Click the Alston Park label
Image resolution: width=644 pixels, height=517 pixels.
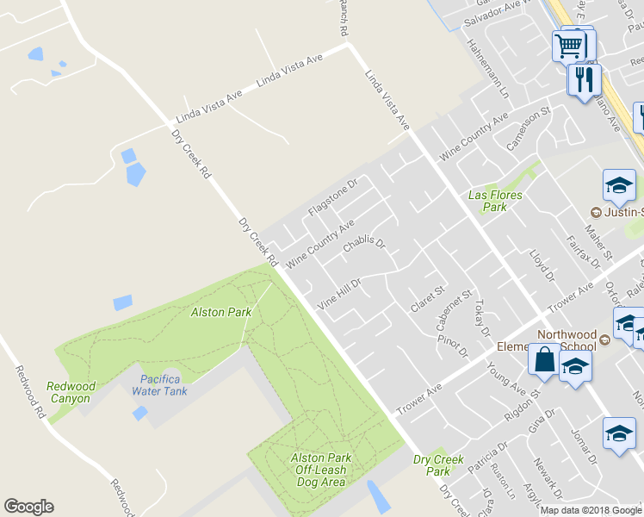point(222,312)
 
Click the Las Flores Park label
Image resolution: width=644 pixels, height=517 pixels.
point(495,201)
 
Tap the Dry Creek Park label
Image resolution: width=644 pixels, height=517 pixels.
point(438,465)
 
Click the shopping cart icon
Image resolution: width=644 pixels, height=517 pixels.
point(568,47)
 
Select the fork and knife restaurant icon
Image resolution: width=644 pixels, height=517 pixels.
point(585,80)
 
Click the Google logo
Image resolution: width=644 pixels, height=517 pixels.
point(28,507)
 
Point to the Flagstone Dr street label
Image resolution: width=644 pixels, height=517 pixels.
point(331,197)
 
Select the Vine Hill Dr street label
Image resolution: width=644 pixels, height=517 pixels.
point(338,293)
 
